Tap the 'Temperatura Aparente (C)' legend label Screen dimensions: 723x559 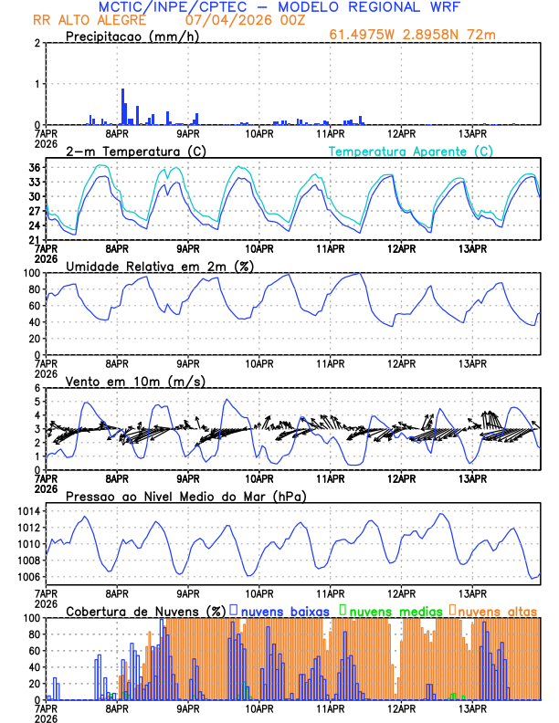pos(411,151)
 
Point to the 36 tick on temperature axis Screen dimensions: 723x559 pos(34,167)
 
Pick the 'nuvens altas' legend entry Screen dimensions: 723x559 pos(498,611)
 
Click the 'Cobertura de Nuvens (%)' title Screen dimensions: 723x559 pos(146,611)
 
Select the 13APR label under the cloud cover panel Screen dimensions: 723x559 pos(472,707)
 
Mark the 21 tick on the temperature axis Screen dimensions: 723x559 pos(34,240)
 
